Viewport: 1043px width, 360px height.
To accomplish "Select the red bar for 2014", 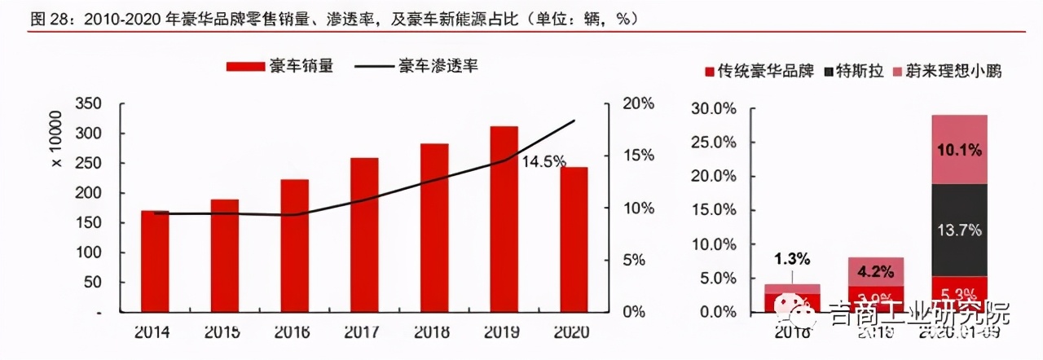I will [x=155, y=261].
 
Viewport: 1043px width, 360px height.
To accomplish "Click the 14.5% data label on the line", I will [x=544, y=161].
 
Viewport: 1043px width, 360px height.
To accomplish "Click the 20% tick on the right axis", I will [x=638, y=104].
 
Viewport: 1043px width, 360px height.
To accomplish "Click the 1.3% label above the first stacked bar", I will [x=792, y=260].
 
